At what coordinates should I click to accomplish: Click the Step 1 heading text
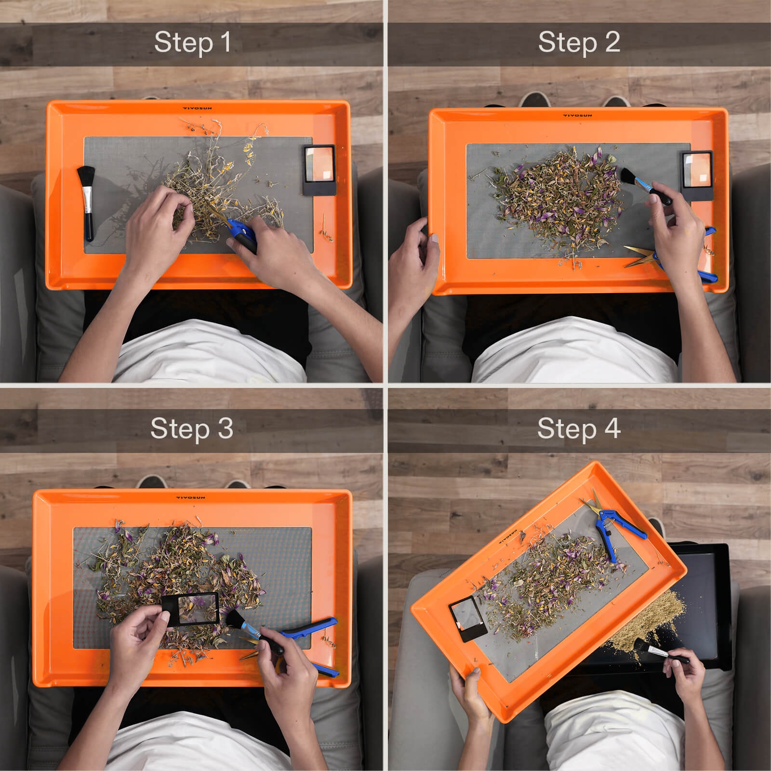[x=192, y=42]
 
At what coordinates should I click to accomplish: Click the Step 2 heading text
[x=579, y=42]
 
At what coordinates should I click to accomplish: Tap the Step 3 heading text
[x=192, y=428]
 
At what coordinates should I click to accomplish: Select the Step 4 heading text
[x=579, y=428]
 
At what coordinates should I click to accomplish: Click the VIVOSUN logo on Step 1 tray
[x=198, y=108]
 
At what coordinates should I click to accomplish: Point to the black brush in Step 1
[x=87, y=202]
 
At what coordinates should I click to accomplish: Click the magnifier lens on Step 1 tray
[x=319, y=164]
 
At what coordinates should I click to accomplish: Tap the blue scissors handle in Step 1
[x=243, y=234]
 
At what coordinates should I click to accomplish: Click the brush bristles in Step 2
[x=628, y=175]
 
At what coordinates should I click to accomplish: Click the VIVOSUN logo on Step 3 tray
[x=190, y=497]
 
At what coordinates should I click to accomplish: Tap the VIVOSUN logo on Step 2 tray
[x=578, y=116]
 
